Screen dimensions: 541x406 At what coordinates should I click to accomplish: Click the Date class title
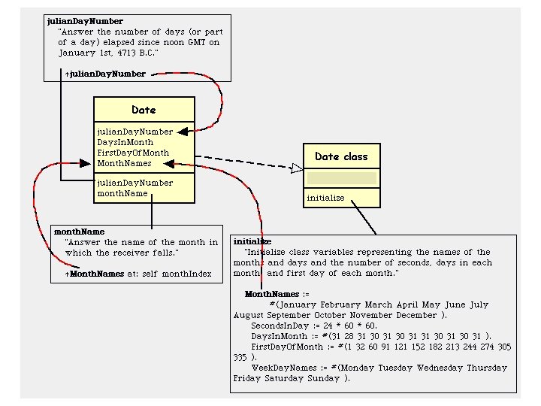click(x=144, y=110)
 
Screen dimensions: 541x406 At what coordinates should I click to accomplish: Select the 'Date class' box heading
click(x=341, y=156)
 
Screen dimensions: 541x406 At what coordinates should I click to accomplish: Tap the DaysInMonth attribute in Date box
click(x=125, y=142)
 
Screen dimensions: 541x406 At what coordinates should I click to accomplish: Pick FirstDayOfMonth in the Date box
click(x=133, y=153)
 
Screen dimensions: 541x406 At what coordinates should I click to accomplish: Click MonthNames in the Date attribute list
click(x=124, y=163)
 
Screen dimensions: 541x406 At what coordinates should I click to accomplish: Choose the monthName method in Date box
click(x=122, y=193)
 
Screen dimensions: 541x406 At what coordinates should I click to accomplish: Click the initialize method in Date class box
click(x=325, y=198)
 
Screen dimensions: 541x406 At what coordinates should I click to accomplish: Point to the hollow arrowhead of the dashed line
click(x=297, y=168)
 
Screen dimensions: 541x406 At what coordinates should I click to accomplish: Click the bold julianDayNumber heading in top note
click(x=85, y=21)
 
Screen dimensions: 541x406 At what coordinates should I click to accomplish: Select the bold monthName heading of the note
click(x=80, y=232)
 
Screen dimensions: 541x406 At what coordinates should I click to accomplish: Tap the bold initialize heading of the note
click(x=252, y=241)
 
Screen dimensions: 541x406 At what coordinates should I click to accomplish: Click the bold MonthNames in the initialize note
click(x=272, y=294)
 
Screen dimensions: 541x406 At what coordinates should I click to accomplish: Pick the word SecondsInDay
click(x=280, y=326)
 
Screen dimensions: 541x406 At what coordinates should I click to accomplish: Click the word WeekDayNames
click(x=284, y=368)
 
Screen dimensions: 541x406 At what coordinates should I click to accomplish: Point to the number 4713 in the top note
click(x=127, y=53)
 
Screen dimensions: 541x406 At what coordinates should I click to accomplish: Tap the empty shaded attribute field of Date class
click(x=342, y=178)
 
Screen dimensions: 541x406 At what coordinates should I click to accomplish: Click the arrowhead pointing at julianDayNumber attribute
click(x=183, y=132)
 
